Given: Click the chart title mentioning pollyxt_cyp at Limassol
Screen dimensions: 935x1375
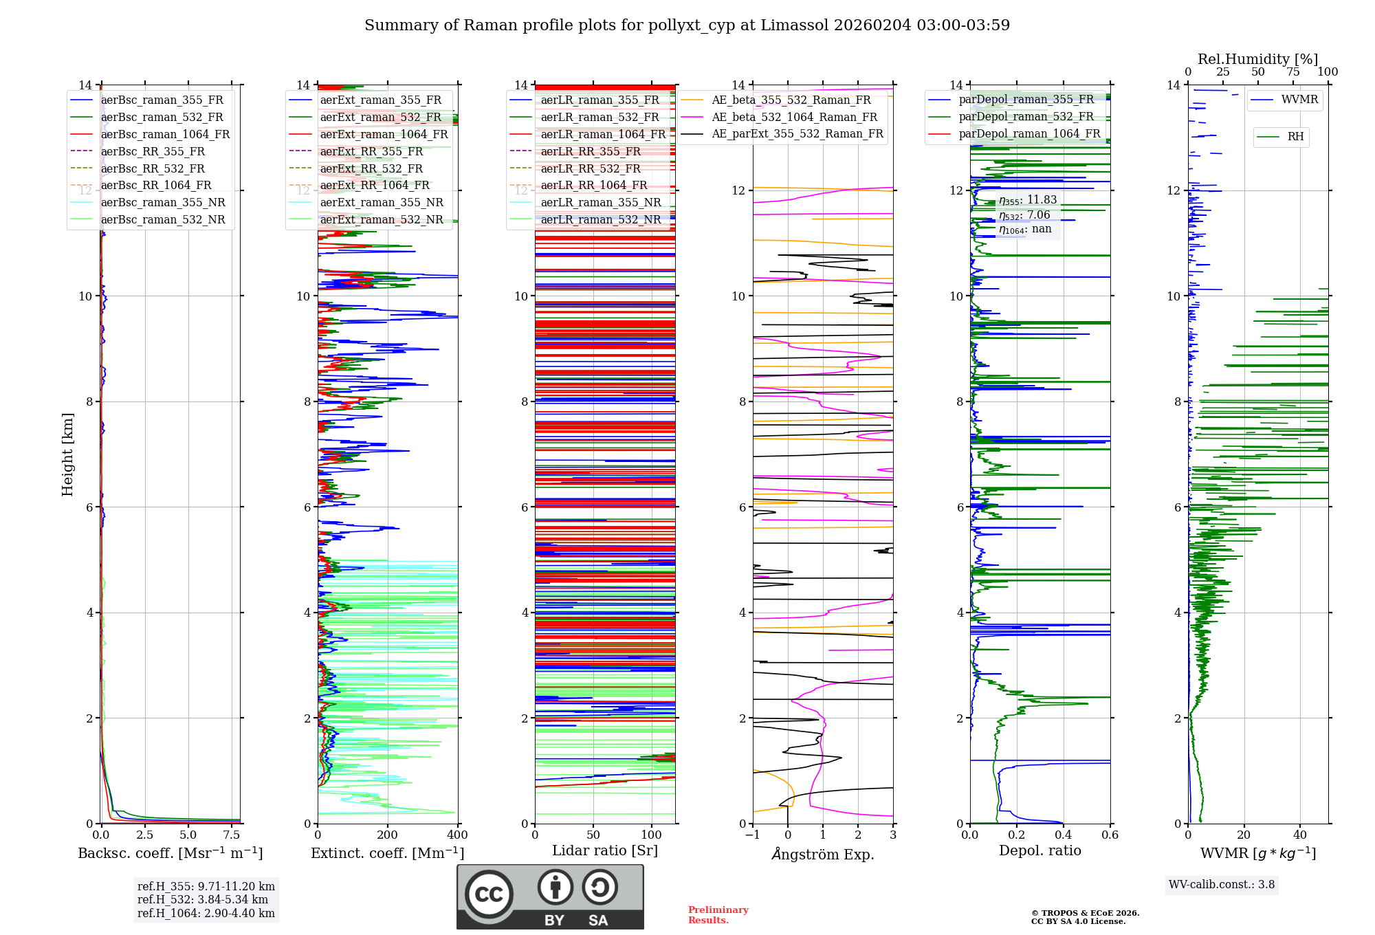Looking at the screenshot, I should point(687,25).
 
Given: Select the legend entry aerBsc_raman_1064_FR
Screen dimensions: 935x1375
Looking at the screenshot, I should point(165,134).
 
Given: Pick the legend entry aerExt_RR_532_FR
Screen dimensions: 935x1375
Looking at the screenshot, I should point(371,168).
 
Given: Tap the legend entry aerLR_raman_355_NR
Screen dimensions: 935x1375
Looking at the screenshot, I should point(600,202).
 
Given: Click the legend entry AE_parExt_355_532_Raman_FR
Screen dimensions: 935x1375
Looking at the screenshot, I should point(797,133).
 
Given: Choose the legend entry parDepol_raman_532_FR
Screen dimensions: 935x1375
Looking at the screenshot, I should point(1026,116).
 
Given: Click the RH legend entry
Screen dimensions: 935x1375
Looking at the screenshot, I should point(1295,137).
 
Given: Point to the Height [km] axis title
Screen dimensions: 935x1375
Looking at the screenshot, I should point(67,454).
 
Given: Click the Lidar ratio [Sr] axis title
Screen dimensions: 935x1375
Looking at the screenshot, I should point(605,850).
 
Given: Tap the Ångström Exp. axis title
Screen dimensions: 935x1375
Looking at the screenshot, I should point(823,854).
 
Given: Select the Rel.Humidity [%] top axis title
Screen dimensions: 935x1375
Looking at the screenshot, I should point(1257,59).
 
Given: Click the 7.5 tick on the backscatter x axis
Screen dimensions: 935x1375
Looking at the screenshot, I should point(232,835).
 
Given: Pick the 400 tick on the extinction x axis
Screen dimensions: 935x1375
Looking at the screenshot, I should point(457,835).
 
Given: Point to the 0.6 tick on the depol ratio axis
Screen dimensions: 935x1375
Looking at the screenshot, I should point(1110,835).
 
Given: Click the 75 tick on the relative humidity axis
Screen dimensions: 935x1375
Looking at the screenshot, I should point(1293,72).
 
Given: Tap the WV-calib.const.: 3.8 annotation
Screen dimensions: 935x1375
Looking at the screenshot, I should point(1222,885).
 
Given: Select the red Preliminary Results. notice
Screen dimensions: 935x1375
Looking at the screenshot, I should point(718,915).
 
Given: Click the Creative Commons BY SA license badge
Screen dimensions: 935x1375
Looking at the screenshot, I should point(550,897).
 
